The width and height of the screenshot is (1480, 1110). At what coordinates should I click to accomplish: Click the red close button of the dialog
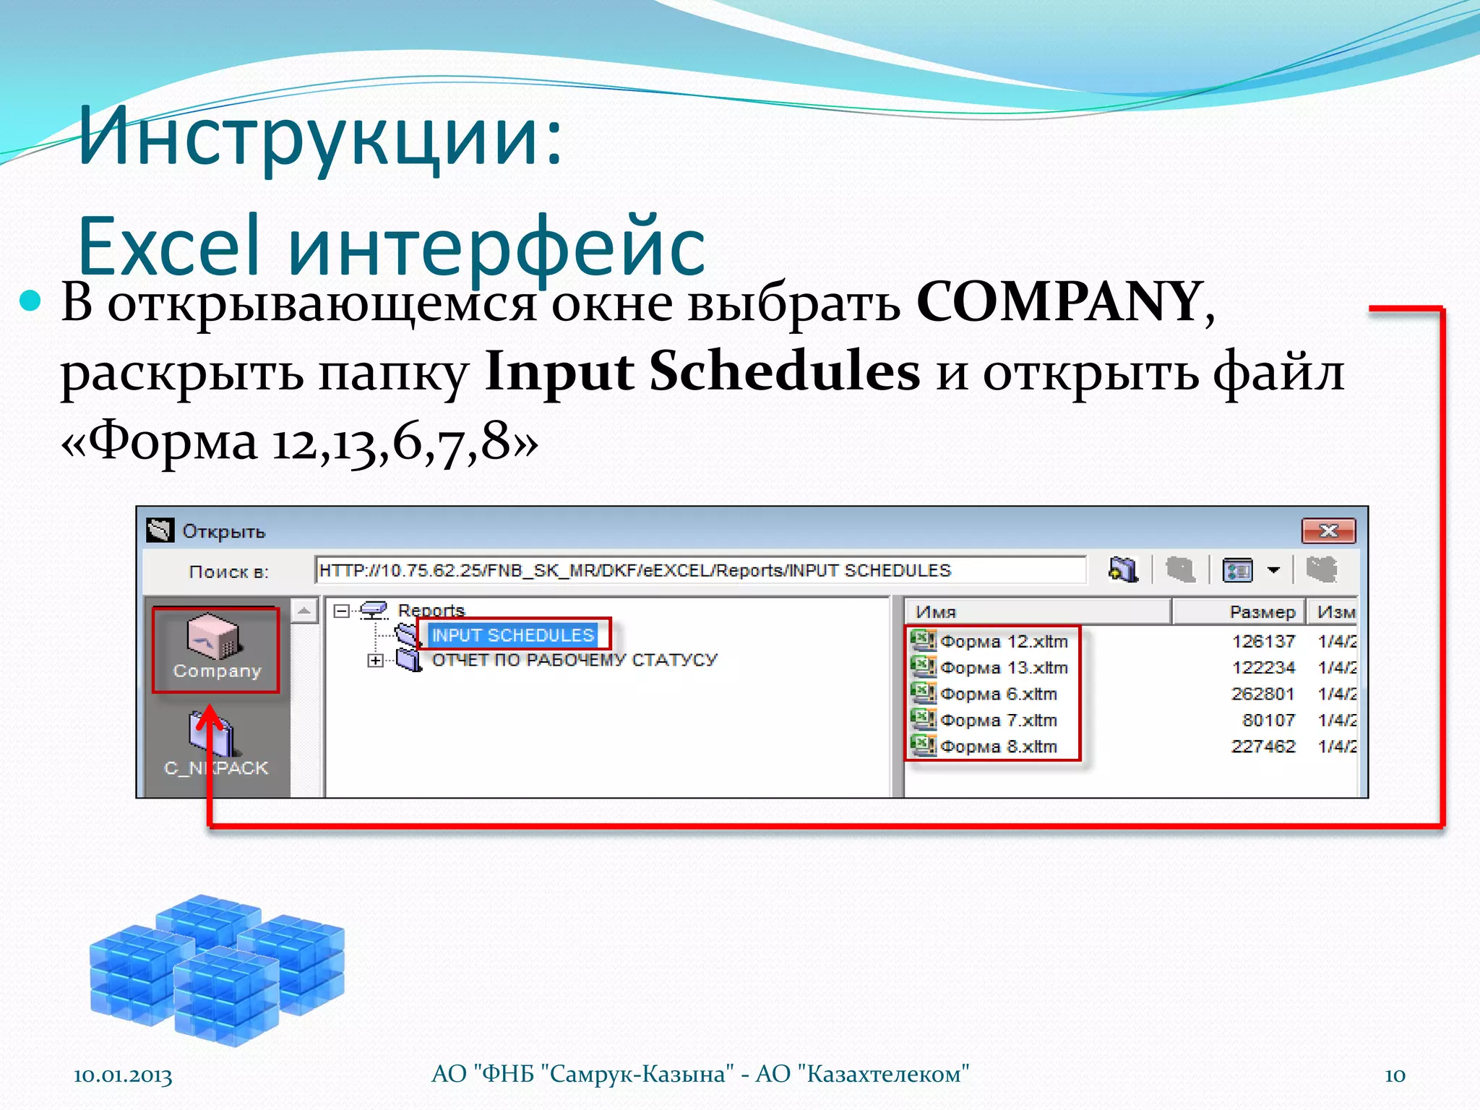pos(1328,531)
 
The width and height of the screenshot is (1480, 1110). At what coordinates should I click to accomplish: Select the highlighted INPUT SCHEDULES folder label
pos(512,635)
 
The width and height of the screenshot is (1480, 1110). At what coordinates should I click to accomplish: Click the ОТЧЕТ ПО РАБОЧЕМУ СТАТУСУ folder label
pos(575,660)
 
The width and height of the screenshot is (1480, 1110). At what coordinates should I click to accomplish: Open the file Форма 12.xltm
pos(1003,642)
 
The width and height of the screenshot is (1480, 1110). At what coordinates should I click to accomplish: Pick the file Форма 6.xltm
pos(998,694)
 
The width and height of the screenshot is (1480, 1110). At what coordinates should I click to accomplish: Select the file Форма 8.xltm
pos(998,747)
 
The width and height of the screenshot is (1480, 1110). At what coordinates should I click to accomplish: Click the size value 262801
pos(1262,694)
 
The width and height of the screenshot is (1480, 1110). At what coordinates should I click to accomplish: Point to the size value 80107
pos(1268,720)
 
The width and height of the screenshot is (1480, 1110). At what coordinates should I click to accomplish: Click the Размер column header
pos(1261,612)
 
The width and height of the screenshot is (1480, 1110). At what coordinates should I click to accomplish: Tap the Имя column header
pos(936,612)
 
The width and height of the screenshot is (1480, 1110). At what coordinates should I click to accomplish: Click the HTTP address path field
pos(700,570)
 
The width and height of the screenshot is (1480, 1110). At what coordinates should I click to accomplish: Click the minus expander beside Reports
pos(341,611)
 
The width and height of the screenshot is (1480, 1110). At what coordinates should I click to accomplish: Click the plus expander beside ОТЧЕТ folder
pos(375,661)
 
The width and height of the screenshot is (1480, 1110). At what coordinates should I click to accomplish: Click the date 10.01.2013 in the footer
pos(123,1075)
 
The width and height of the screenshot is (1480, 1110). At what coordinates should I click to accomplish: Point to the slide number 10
pos(1395,1075)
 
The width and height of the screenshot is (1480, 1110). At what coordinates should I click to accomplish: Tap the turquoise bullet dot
pos(30,301)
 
